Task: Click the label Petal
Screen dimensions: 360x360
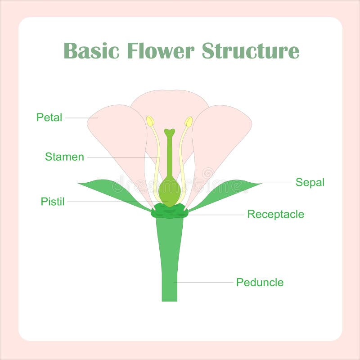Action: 49,118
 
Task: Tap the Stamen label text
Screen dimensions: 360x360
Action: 64,157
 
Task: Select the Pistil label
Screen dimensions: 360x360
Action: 53,202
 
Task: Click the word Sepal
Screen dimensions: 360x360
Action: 310,182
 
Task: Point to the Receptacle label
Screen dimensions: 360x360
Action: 275,214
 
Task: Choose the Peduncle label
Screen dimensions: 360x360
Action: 260,283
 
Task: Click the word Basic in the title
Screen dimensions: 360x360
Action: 91,50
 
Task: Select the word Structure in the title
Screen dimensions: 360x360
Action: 250,50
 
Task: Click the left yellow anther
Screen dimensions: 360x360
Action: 150,121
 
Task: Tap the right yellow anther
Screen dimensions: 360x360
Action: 189,121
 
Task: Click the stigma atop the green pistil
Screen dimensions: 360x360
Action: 169,133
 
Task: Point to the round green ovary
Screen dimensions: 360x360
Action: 170,191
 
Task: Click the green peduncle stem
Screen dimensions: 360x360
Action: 169,261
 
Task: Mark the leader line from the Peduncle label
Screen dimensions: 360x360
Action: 205,282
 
